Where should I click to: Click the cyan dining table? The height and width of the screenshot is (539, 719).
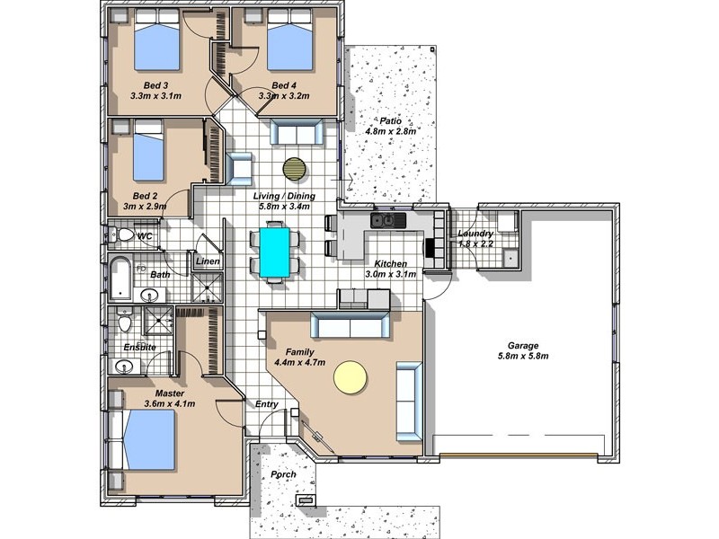point(275,252)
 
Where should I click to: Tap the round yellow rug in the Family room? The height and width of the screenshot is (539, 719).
point(351,377)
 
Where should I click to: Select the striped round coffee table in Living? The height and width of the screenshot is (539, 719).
point(295,170)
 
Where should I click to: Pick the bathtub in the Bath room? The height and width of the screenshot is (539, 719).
point(120,278)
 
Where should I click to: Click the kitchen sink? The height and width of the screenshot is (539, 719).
point(388,220)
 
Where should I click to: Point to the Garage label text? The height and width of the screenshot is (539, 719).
point(523,346)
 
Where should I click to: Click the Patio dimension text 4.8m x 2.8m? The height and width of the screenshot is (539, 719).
point(390,131)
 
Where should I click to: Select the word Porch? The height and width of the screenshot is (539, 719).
point(283,474)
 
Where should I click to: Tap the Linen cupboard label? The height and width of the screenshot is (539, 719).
point(208,261)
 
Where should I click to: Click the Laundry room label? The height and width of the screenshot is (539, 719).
point(475,234)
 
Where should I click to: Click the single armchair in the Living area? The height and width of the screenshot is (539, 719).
point(238,169)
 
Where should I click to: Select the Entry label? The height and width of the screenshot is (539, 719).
point(266,404)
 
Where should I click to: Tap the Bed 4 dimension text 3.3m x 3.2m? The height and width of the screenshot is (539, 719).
point(284,96)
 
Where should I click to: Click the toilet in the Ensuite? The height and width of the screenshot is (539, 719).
point(124,319)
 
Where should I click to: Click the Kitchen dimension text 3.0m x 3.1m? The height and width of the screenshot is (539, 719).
point(391,275)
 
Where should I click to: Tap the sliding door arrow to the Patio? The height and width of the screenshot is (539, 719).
point(342,181)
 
